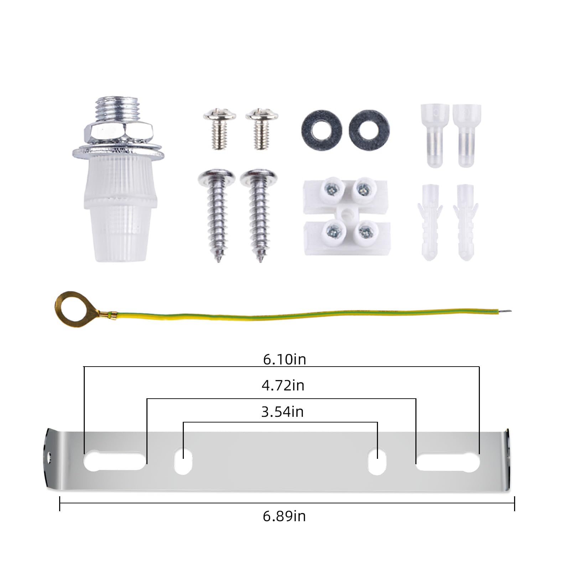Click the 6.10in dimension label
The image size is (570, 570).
pos(284,359)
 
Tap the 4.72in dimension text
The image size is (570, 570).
pos(283,385)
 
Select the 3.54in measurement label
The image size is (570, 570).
pos(282,412)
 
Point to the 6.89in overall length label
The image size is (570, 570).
pos(284,516)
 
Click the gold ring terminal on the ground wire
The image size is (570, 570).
pos(70,306)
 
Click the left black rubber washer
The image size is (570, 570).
pos(321,130)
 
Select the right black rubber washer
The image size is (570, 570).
pos(369,130)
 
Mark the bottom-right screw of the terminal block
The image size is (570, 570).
pos(366,232)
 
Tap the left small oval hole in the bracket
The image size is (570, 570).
pos(183,461)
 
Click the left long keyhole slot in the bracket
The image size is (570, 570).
pos(114,461)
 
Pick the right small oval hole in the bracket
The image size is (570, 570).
pos(377,461)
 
